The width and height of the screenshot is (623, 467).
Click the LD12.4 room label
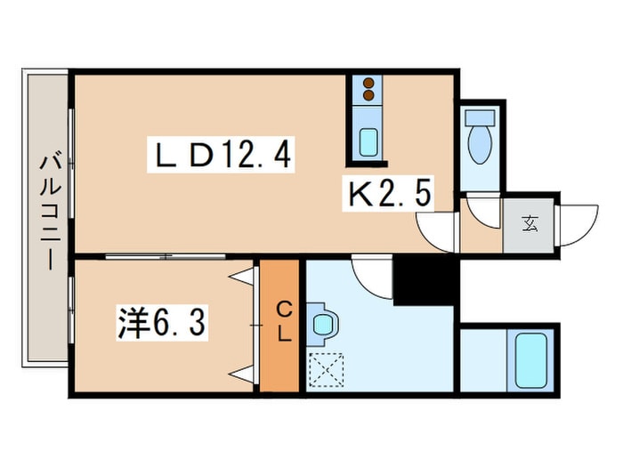point(221,155)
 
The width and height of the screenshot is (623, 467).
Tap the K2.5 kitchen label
point(389,193)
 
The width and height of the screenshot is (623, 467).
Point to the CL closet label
point(285,322)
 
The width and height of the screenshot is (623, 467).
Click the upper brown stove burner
point(369,83)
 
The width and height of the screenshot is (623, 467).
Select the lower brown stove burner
point(369,95)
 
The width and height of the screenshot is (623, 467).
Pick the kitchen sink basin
point(368,142)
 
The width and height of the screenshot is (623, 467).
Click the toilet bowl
point(480,144)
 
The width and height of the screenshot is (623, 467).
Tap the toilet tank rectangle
point(480,117)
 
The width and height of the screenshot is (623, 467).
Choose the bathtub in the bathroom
point(530,360)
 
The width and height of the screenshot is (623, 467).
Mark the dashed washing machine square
point(326,369)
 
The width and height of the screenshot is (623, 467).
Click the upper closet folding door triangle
point(242,277)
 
